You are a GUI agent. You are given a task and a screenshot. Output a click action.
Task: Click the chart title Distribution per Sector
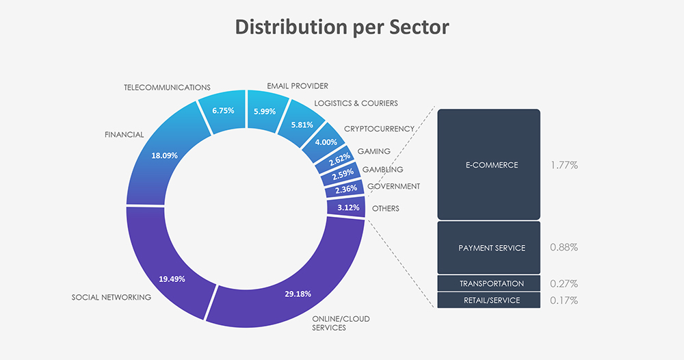coord(342,27)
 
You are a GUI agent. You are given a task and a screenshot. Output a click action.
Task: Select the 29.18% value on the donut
coord(298,294)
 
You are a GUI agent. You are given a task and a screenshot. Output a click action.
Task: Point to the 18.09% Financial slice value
coord(163,155)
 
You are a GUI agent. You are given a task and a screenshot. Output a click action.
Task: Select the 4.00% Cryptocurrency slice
coord(326,142)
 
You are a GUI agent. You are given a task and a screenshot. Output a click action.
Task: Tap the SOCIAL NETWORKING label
coord(111,297)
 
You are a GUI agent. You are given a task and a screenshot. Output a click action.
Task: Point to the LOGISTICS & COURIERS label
coord(356,103)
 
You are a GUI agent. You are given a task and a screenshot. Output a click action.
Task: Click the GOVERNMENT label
coord(393,186)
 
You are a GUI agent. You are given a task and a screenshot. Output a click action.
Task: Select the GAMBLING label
coord(382,169)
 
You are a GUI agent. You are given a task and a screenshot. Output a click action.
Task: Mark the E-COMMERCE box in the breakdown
coord(488,165)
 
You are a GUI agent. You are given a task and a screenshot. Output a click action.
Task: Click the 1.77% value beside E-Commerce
coord(564,165)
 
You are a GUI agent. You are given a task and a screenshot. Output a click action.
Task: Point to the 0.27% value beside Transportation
coord(564,283)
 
